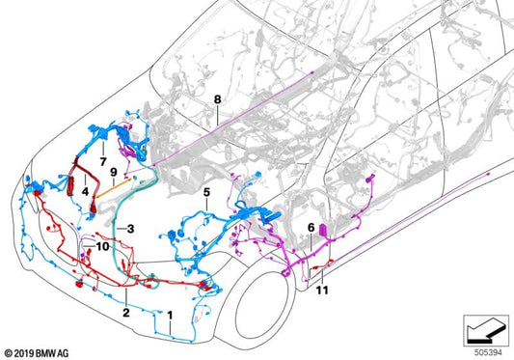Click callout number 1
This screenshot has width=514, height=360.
pyautogui.click(x=172, y=315)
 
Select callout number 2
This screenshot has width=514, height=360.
pyautogui.click(x=124, y=314)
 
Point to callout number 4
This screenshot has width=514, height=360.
pyautogui.click(x=86, y=192)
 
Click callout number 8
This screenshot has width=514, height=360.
pyautogui.click(x=218, y=99)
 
